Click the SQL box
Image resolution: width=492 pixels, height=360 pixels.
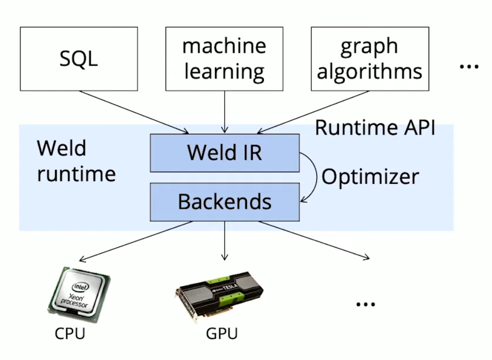pyautogui.click(x=78, y=59)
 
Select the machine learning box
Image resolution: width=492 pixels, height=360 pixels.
pyautogui.click(x=224, y=59)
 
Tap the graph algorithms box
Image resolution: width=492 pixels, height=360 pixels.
pyautogui.click(x=369, y=59)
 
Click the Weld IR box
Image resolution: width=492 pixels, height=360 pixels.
pyautogui.click(x=225, y=153)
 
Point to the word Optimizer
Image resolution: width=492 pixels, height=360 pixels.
pyautogui.click(x=370, y=177)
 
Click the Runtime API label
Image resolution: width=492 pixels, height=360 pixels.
pyautogui.click(x=375, y=128)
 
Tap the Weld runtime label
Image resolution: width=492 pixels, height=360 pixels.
pyautogui.click(x=76, y=161)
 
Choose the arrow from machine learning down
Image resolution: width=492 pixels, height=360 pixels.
pyautogui.click(x=224, y=111)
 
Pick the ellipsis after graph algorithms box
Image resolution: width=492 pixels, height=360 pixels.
pyautogui.click(x=468, y=66)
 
